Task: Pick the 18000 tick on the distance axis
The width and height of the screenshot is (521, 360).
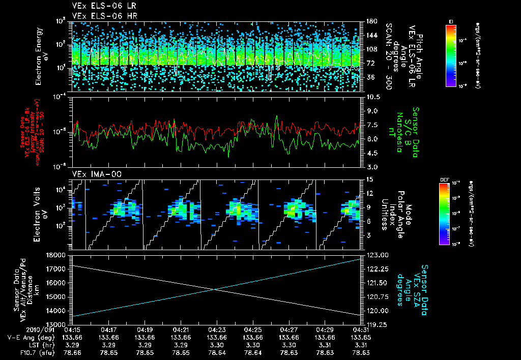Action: (61, 255)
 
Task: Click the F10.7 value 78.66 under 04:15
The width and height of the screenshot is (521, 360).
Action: (73, 352)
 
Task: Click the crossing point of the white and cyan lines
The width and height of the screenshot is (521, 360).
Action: (215, 289)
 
